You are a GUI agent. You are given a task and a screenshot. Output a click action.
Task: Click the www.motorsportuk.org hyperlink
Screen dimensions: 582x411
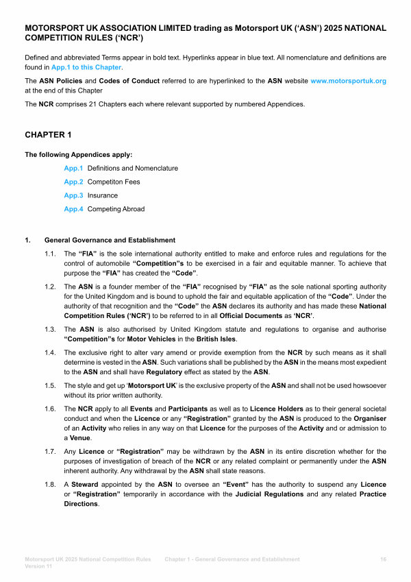348,81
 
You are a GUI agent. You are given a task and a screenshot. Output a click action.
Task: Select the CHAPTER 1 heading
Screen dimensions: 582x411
48,135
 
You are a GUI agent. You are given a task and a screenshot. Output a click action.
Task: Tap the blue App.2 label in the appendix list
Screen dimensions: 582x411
73,182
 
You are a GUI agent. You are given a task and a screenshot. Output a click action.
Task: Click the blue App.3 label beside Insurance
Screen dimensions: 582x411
73,195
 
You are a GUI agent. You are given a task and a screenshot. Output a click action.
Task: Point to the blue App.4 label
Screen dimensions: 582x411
73,209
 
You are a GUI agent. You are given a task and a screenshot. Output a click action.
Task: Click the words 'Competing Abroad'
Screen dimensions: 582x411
116,209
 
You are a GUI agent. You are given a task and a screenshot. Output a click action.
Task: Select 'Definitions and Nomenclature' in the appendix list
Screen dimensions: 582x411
132,168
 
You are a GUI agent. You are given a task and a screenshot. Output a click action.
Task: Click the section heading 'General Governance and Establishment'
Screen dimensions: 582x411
110,240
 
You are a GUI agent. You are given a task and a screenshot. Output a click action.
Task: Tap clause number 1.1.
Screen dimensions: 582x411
49,254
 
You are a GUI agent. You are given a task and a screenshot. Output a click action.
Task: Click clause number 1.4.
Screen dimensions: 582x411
49,352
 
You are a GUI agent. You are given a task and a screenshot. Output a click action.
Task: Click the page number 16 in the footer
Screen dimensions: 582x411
383,559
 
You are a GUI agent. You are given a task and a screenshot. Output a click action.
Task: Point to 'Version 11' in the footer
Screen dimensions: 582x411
40,567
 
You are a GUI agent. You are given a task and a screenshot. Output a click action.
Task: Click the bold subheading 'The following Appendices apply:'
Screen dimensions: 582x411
78,154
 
